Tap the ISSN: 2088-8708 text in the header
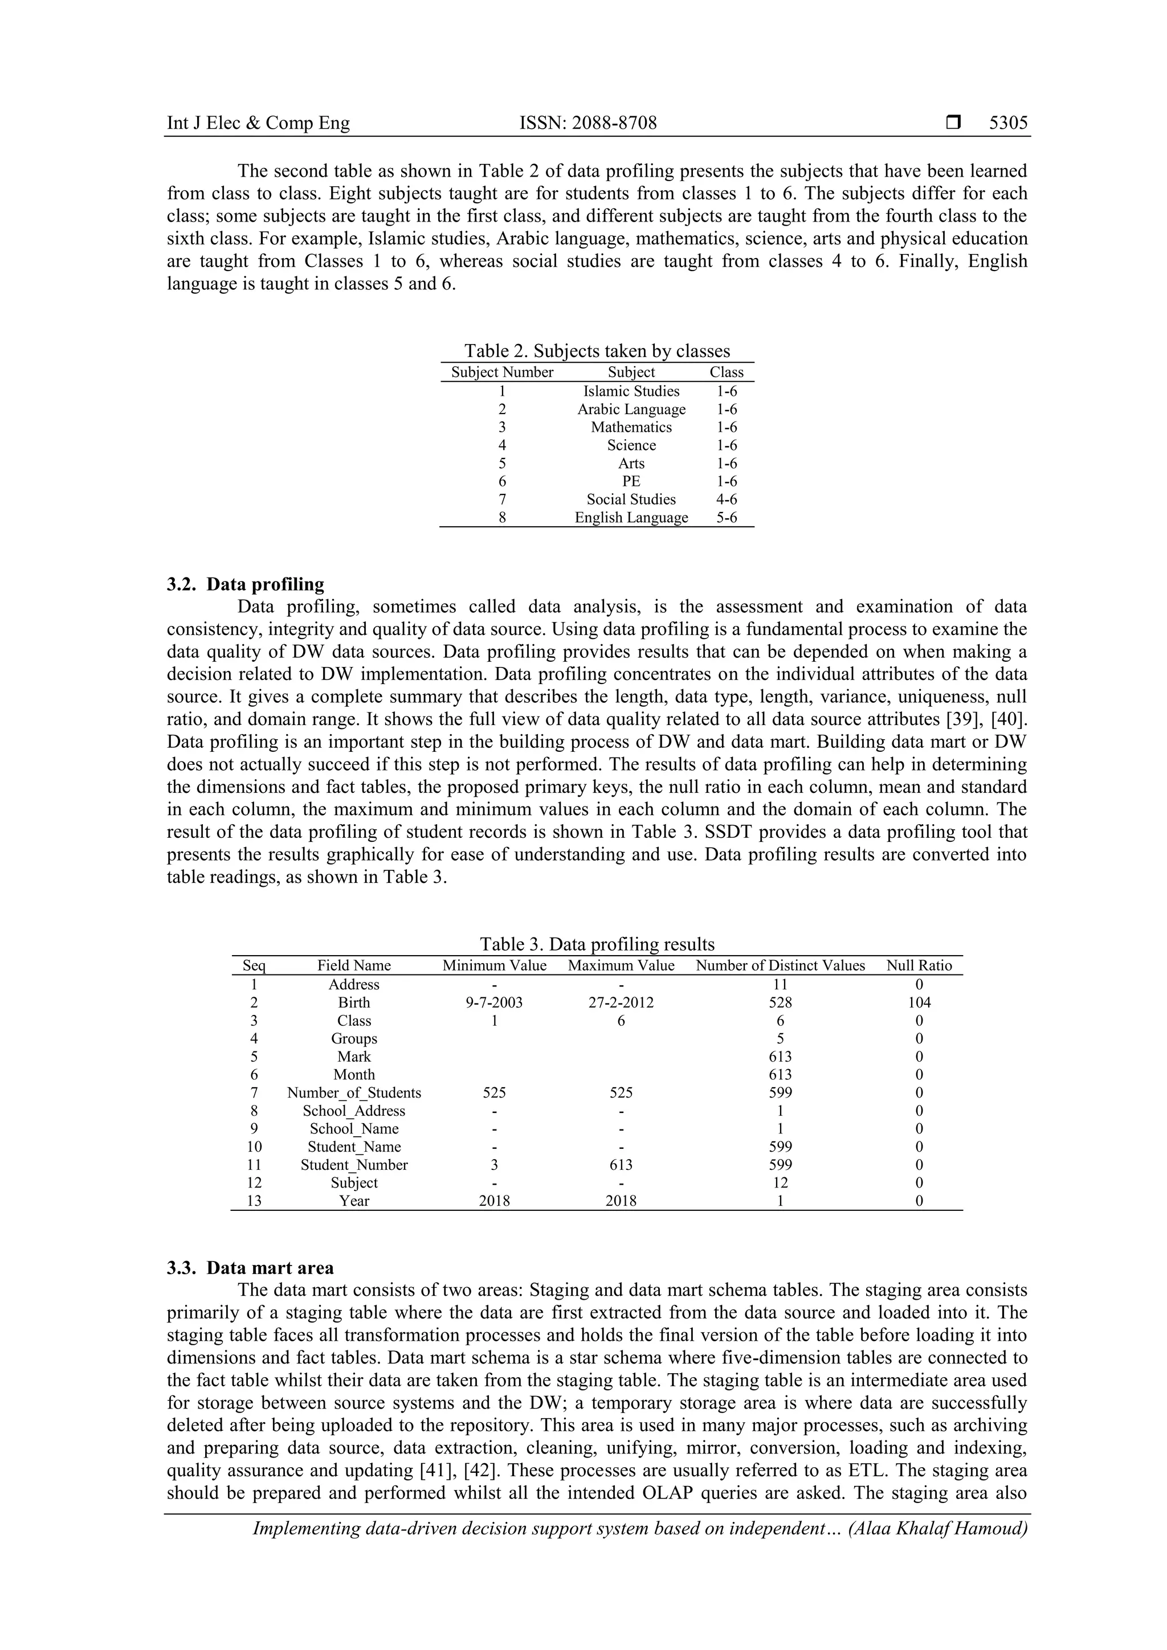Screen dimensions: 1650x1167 pyautogui.click(x=587, y=123)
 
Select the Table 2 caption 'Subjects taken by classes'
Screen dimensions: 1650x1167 pyautogui.click(x=596, y=351)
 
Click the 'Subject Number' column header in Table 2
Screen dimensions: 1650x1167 pyautogui.click(x=502, y=372)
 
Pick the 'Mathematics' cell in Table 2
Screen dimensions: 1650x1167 pyautogui.click(x=631, y=427)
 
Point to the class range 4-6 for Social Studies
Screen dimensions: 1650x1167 pyautogui.click(x=726, y=499)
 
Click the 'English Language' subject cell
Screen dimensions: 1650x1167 pyautogui.click(x=631, y=517)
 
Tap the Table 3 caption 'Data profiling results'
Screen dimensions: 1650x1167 pyautogui.click(x=597, y=944)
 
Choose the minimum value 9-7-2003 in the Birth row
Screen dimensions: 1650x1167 pyautogui.click(x=494, y=1002)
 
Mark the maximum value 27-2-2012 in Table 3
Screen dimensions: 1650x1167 pyautogui.click(x=621, y=1002)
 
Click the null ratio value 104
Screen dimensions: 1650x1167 pyautogui.click(x=919, y=1002)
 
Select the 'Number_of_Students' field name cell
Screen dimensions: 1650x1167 pyautogui.click(x=354, y=1093)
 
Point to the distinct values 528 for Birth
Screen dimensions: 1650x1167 pyautogui.click(x=780, y=1002)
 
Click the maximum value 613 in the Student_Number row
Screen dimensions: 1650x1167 pyautogui.click(x=621, y=1165)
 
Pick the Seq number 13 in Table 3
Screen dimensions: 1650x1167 pyautogui.click(x=254, y=1201)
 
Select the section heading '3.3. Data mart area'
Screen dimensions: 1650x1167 pyautogui.click(x=250, y=1268)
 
